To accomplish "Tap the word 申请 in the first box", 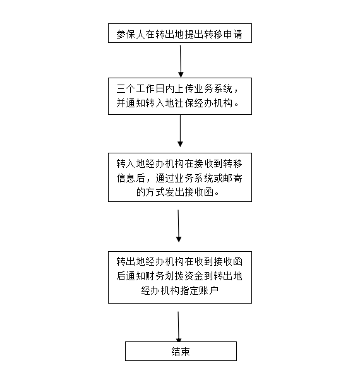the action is pos(233,34).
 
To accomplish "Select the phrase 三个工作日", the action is pos(141,88).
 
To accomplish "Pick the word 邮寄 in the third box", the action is pos(233,178).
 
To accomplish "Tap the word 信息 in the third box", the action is pos(126,178).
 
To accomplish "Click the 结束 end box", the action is pos(181,351).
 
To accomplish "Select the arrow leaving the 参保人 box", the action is pos(181,61).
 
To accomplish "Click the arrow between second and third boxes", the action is pos(180,131).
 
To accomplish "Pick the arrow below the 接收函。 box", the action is pos(179,226).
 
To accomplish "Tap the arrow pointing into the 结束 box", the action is pos(179,327).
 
